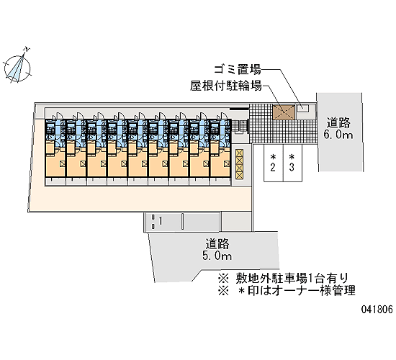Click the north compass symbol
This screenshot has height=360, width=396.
(x=17, y=68)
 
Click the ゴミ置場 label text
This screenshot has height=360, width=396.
(x=238, y=69)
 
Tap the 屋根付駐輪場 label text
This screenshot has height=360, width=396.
(x=226, y=86)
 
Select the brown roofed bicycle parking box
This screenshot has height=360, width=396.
(x=284, y=112)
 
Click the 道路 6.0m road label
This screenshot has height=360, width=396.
(x=338, y=129)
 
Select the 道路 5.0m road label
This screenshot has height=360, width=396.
(x=217, y=250)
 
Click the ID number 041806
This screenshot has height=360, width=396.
(x=377, y=309)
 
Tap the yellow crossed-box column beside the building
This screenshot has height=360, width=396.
(x=239, y=164)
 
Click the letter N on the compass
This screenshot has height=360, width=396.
(x=27, y=49)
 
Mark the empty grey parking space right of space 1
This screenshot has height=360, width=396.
(x=202, y=222)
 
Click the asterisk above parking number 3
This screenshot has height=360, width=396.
(x=292, y=158)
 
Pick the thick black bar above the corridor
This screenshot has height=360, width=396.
(x=239, y=109)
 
